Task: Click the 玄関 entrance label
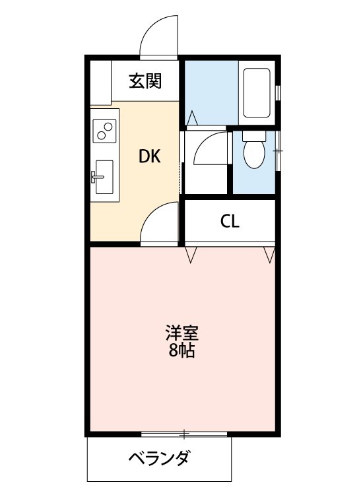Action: pos(145,81)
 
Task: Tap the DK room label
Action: pos(148,156)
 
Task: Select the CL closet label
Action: pos(229,221)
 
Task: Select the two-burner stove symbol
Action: pos(104,131)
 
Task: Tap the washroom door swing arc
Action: pos(210,148)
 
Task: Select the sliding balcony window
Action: pos(185,434)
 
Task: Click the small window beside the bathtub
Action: pos(277,92)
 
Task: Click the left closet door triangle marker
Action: pos(191,254)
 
